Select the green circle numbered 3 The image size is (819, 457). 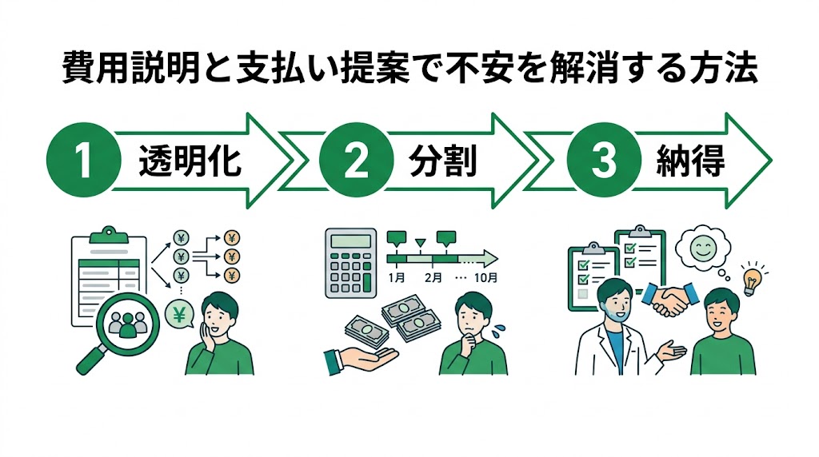(600, 160)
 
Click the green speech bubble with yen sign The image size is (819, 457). (179, 316)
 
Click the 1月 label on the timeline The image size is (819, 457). (395, 279)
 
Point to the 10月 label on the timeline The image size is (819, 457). (485, 279)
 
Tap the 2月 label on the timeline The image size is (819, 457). (434, 279)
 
